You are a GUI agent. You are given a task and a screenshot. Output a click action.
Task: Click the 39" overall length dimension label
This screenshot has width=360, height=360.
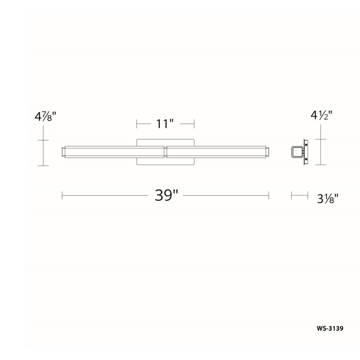(166, 195)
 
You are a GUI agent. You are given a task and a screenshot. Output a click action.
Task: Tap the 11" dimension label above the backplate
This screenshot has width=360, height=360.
(165, 124)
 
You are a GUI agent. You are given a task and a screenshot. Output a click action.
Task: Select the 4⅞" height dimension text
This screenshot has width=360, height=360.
(45, 116)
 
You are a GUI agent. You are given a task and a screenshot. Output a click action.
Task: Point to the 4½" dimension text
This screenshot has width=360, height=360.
(321, 115)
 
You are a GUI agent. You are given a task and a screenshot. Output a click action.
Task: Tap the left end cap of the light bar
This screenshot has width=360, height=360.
(64, 152)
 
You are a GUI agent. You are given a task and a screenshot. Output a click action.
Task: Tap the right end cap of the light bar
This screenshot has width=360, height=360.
(267, 152)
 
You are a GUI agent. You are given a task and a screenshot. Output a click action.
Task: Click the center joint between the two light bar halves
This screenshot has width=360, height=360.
(165, 152)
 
